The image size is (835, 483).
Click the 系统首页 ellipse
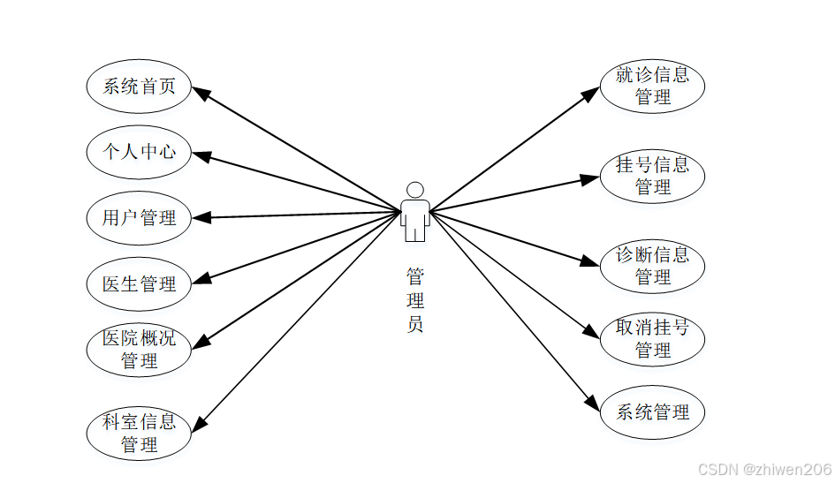click(x=139, y=86)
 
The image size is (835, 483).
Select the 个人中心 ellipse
click(x=139, y=151)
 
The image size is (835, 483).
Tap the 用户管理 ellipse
click(x=139, y=217)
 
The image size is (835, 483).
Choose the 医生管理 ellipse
click(x=139, y=283)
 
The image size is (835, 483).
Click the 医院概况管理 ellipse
click(x=139, y=349)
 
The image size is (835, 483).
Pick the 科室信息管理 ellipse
click(x=139, y=433)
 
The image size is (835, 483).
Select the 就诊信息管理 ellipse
click(x=652, y=86)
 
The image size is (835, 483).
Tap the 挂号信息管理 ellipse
click(x=652, y=176)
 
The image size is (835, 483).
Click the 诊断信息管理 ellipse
click(x=652, y=265)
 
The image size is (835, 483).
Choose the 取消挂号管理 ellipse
click(x=652, y=339)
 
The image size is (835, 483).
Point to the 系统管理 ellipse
click(x=652, y=411)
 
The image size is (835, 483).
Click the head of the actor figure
click(x=414, y=190)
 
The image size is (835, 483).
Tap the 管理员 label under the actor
click(x=414, y=300)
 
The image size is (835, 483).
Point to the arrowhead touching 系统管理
click(x=592, y=403)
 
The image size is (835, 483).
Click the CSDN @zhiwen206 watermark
click(x=764, y=469)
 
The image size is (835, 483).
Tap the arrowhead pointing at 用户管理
click(x=201, y=216)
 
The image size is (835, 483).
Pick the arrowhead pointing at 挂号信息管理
click(x=590, y=179)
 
